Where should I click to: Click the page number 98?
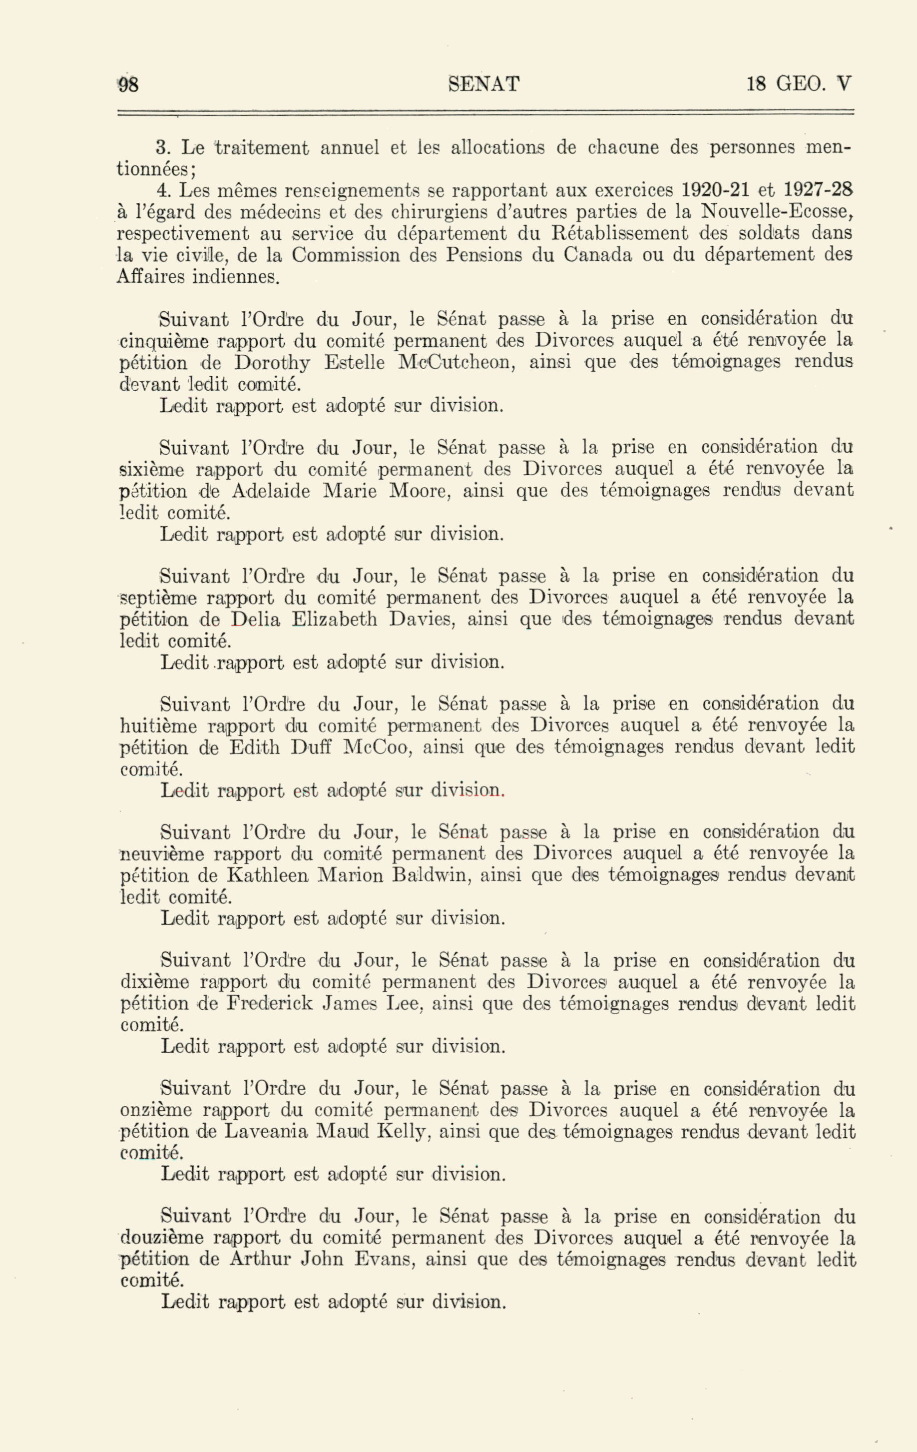click(x=128, y=84)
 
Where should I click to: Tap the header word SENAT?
click(x=483, y=84)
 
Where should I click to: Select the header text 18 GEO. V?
click(x=799, y=84)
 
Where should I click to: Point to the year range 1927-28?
click(x=818, y=190)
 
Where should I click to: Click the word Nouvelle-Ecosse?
click(x=777, y=212)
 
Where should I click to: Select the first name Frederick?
click(x=270, y=1004)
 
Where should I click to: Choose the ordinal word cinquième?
click(x=164, y=342)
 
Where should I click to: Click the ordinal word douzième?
click(x=162, y=1239)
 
